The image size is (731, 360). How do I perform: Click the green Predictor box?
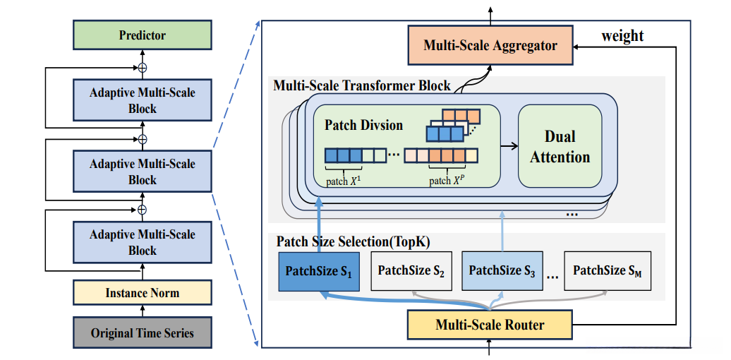point(142,35)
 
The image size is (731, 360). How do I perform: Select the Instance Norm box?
point(142,292)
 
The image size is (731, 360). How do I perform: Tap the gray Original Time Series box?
point(142,332)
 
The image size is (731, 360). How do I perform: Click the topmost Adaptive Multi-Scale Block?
point(142,100)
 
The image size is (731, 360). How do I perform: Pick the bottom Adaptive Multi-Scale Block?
point(142,242)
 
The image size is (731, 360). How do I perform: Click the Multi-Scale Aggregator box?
point(490,46)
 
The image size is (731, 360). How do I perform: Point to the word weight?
point(622,35)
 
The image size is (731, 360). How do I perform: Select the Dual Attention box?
point(560,146)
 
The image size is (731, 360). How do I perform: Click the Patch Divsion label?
point(363,125)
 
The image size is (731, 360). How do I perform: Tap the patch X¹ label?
point(342,181)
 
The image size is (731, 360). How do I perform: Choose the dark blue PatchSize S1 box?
point(318,270)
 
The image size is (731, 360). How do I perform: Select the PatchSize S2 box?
point(411,270)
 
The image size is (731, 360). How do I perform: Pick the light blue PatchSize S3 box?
point(504,270)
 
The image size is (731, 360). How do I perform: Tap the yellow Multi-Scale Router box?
point(490,325)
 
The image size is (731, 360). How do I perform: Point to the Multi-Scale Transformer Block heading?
point(362,85)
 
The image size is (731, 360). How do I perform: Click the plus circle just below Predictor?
point(142,68)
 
